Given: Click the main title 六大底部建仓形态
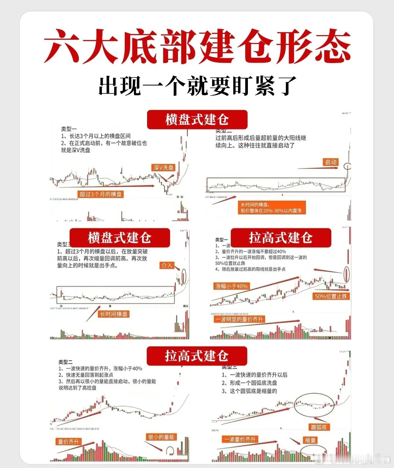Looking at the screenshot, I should [197, 46].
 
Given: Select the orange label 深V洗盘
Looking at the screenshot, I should [163, 167].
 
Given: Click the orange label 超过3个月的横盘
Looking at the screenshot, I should [100, 194].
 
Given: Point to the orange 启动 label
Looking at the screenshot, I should [331, 162].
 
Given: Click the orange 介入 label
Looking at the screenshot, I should [167, 265].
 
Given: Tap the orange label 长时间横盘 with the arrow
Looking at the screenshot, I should [114, 314].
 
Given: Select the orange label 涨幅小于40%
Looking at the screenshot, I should [231, 286].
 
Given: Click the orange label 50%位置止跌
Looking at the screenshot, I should [331, 296].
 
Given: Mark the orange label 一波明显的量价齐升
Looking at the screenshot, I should [239, 319].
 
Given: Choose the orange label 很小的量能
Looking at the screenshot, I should [161, 437].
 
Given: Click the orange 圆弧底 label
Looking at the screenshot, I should [318, 427].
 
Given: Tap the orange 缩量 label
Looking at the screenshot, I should [310, 440].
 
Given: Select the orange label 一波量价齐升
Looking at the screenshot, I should [240, 439].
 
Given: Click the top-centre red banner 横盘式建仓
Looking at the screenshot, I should [197, 120].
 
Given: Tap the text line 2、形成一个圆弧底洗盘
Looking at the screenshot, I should [250, 383].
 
